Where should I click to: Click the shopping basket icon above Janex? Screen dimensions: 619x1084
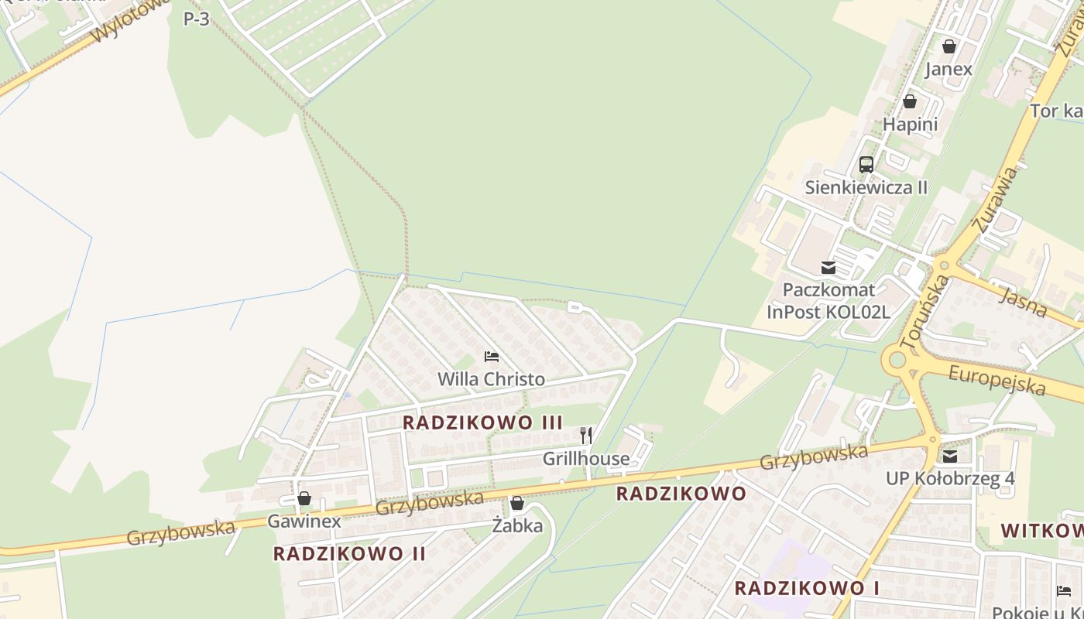coord(948,46)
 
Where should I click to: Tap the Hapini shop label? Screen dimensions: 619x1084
coord(910,124)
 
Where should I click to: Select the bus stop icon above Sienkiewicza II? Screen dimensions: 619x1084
coord(866,164)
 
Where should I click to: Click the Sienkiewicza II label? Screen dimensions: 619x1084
coord(866,187)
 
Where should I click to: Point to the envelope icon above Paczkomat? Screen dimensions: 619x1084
coord(828,268)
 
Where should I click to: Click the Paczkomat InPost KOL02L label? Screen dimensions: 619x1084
coord(828,301)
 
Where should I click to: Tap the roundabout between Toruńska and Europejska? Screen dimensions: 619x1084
coord(897,360)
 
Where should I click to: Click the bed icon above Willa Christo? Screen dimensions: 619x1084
coord(491,357)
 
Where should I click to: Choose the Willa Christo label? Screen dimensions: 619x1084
coord(491,379)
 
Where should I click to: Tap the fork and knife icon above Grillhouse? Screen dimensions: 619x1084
coord(586,436)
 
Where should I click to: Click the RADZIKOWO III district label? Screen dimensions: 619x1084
coord(482,422)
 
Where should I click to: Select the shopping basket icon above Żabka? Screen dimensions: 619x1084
coord(517,504)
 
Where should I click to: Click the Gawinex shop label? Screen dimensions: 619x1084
coord(304,522)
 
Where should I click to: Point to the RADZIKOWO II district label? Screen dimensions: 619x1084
coord(349,553)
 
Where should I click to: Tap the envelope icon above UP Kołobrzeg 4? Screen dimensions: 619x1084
coord(950,456)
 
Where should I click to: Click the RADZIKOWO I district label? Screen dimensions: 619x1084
coord(806,587)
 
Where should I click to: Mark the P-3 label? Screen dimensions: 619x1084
coord(196,19)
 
